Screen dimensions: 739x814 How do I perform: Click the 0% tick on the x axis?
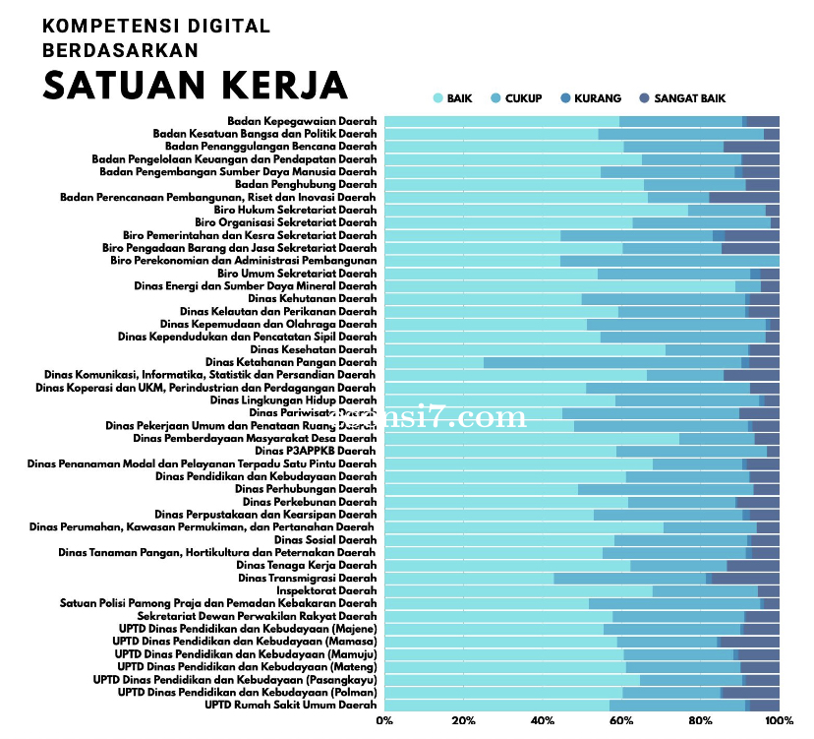click(x=384, y=721)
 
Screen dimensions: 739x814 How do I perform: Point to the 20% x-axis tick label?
click(x=463, y=721)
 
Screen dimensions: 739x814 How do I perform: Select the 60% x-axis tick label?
click(x=621, y=721)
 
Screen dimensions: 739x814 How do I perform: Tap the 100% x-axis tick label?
click(x=780, y=721)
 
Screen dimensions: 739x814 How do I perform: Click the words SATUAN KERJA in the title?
click(x=196, y=85)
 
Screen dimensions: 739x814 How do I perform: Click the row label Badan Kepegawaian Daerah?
click(x=302, y=121)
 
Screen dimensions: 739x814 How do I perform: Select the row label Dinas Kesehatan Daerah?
click(x=314, y=349)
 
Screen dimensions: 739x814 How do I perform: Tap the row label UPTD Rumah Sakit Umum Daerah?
click(x=291, y=706)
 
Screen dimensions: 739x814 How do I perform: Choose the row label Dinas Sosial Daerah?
click(x=325, y=540)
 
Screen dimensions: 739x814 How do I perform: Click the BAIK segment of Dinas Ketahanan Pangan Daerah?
click(x=434, y=362)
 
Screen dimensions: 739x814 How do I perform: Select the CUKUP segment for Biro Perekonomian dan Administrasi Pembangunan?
click(x=669, y=261)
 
